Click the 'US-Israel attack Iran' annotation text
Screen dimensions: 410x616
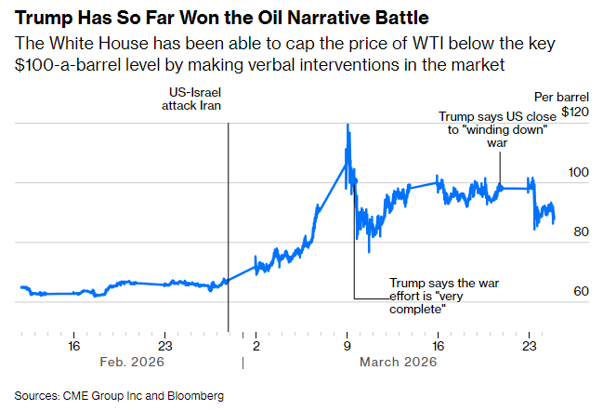[x=189, y=99]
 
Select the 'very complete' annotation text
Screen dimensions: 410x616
[x=420, y=295]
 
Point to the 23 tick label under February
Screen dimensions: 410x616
[x=164, y=347]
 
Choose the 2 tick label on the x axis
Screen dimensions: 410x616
[x=256, y=347]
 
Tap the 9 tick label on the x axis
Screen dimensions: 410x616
[x=347, y=347]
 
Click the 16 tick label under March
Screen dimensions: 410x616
[x=439, y=347]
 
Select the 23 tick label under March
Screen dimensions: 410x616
[x=530, y=347]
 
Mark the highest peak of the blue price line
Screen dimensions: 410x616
[x=347, y=125]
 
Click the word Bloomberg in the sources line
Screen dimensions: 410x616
[x=195, y=395]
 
